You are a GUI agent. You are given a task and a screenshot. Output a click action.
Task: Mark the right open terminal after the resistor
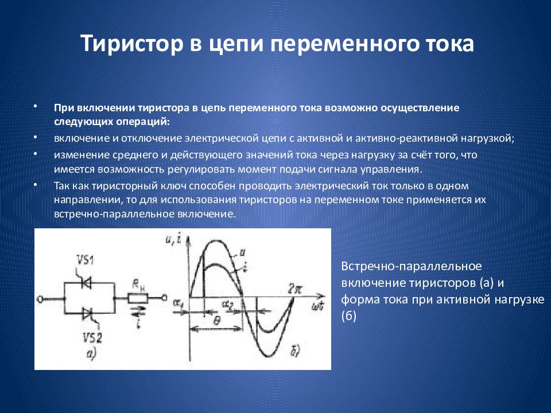pyautogui.click(x=164, y=298)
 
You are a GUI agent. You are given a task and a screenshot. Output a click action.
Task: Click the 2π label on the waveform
pyautogui.click(x=294, y=288)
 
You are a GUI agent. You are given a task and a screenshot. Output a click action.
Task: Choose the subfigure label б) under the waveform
pyautogui.click(x=296, y=352)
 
